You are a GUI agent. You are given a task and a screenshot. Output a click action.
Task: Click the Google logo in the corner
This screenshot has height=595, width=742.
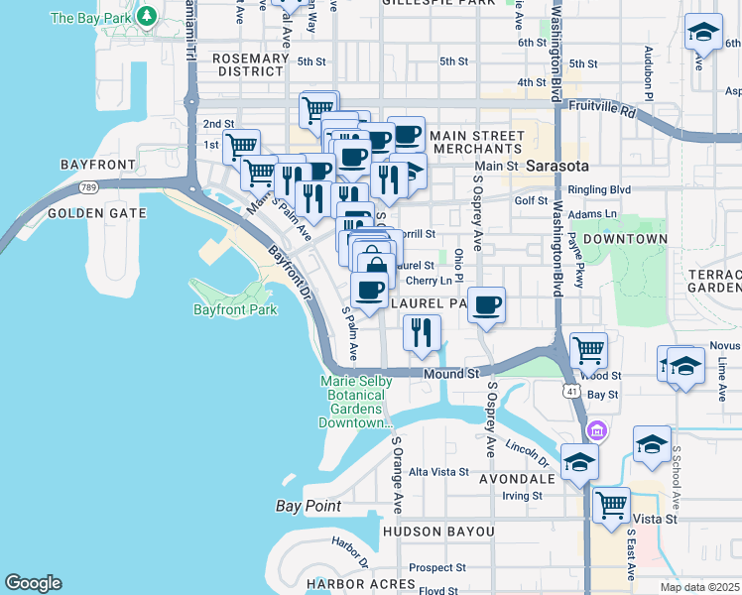[33, 583]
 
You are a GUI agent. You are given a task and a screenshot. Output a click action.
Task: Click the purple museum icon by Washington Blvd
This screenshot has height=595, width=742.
[596, 431]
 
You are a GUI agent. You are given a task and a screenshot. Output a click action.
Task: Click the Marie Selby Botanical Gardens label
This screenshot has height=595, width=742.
[356, 402]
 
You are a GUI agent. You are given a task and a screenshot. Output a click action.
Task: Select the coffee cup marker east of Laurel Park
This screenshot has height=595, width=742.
[486, 305]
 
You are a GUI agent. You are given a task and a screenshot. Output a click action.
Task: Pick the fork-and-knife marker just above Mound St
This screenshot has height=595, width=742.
[422, 332]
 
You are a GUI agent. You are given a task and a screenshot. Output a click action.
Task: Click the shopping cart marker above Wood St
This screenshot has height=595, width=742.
[588, 349]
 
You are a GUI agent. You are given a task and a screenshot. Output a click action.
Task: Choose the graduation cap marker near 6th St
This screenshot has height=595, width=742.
[703, 34]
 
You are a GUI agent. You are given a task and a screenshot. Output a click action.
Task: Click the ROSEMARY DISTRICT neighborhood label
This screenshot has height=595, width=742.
[251, 64]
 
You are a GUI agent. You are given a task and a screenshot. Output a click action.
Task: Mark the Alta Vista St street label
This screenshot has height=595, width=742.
[437, 471]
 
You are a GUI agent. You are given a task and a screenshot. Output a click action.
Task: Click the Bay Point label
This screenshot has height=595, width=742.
[308, 506]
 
